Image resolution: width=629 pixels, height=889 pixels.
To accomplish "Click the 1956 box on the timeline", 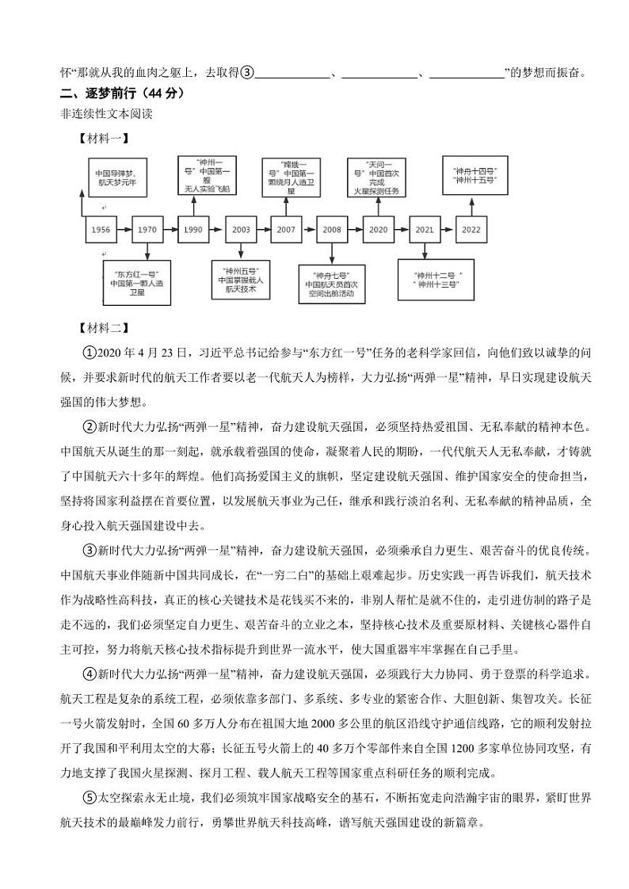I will pyautogui.click(x=101, y=229).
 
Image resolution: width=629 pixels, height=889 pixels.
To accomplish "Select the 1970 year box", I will pyautogui.click(x=147, y=229).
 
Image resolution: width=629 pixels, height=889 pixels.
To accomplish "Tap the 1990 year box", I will pyautogui.click(x=193, y=229).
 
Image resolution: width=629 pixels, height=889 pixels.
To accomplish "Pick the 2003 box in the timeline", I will pyautogui.click(x=242, y=229).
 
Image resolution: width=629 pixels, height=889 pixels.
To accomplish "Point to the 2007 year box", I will pyautogui.click(x=286, y=229).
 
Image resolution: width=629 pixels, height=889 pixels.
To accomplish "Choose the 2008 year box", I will pyautogui.click(x=332, y=229).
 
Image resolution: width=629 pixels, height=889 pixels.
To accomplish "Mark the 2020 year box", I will pyautogui.click(x=379, y=229).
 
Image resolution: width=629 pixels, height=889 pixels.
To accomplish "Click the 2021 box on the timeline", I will pyautogui.click(x=425, y=229).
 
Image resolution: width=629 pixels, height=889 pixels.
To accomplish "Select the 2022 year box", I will pyautogui.click(x=471, y=229).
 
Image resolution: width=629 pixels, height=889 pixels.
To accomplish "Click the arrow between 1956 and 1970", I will pyautogui.click(x=124, y=229).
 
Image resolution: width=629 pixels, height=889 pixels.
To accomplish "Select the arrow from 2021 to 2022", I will pyautogui.click(x=448, y=229).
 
